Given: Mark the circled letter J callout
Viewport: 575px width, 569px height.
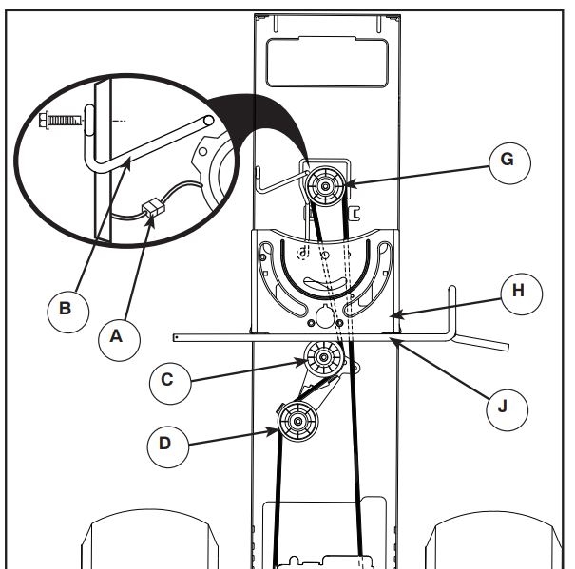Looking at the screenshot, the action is coord(508,409).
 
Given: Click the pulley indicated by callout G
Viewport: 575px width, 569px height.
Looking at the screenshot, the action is coord(325,186).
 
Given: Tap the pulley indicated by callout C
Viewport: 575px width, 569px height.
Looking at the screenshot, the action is coord(324,358).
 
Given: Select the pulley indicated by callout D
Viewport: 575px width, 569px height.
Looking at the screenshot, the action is coord(297,422).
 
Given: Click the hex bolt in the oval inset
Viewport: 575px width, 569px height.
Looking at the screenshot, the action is coord(61,121).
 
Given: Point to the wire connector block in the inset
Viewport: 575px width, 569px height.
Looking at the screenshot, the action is coord(153,208).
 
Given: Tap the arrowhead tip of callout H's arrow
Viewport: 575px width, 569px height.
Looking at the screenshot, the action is coord(391,315).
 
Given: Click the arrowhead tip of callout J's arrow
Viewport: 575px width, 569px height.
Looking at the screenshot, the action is coord(389,338).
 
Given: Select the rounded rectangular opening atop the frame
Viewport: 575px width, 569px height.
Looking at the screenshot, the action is coord(327,62).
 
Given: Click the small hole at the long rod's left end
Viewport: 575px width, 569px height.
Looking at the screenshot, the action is coord(177,337).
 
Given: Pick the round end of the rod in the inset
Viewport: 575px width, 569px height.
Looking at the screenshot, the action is coord(209,121).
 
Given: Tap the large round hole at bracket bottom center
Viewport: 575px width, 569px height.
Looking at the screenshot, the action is coord(325,318).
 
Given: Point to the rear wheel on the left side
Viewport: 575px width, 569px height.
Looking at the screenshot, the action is coord(149,539).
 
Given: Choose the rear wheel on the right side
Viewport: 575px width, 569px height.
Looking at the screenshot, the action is coord(493,540).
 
